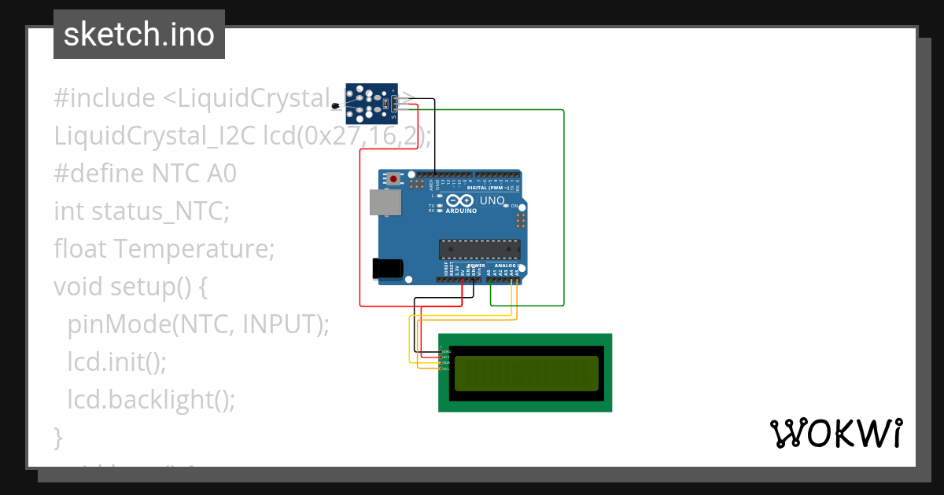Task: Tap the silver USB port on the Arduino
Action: click(x=385, y=202)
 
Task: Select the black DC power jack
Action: click(x=387, y=268)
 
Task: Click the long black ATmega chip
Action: click(x=479, y=250)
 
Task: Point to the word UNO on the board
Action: click(x=492, y=200)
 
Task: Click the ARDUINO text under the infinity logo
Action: click(x=461, y=211)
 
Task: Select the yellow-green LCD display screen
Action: click(x=525, y=373)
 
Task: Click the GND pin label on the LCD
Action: click(x=446, y=351)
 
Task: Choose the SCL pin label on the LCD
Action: click(x=446, y=368)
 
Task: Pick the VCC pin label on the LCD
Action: click(x=446, y=357)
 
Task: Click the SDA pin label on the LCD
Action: click(x=446, y=362)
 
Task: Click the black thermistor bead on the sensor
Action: click(x=336, y=106)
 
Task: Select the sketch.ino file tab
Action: click(x=139, y=35)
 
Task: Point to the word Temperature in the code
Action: click(x=194, y=249)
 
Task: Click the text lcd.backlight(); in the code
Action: click(x=151, y=399)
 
